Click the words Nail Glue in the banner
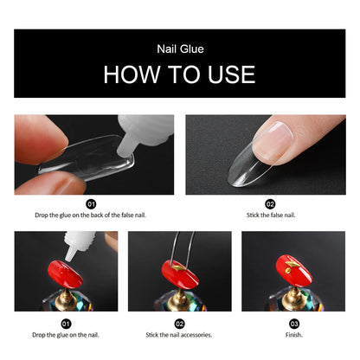pos(179,50)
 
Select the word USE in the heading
pos(230,74)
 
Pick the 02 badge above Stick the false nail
pos(270,204)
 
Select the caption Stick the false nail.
pos(270,214)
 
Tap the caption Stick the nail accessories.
pos(180,333)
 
